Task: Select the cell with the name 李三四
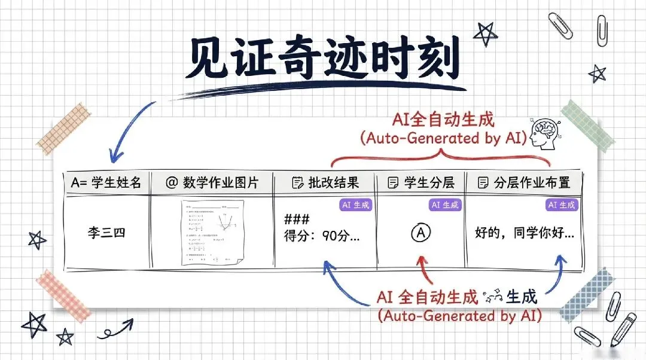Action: pyautogui.click(x=106, y=233)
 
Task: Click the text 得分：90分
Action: pyautogui.click(x=322, y=236)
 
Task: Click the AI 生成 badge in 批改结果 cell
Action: pyautogui.click(x=356, y=205)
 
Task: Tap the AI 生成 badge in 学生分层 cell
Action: pyautogui.click(x=446, y=205)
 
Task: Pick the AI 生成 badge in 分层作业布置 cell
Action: pyautogui.click(x=562, y=205)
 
